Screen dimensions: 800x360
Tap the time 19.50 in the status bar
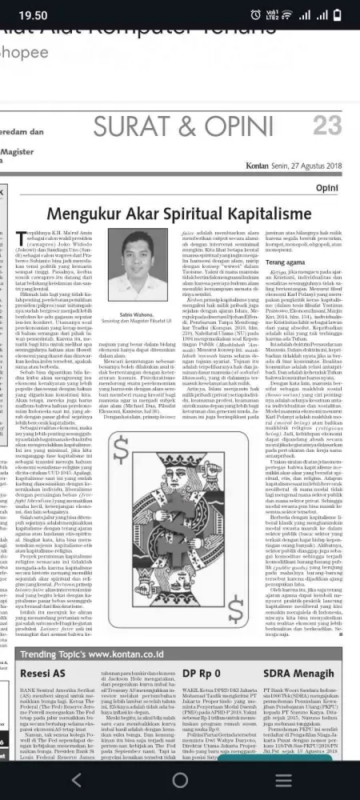pyautogui.click(x=33, y=15)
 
